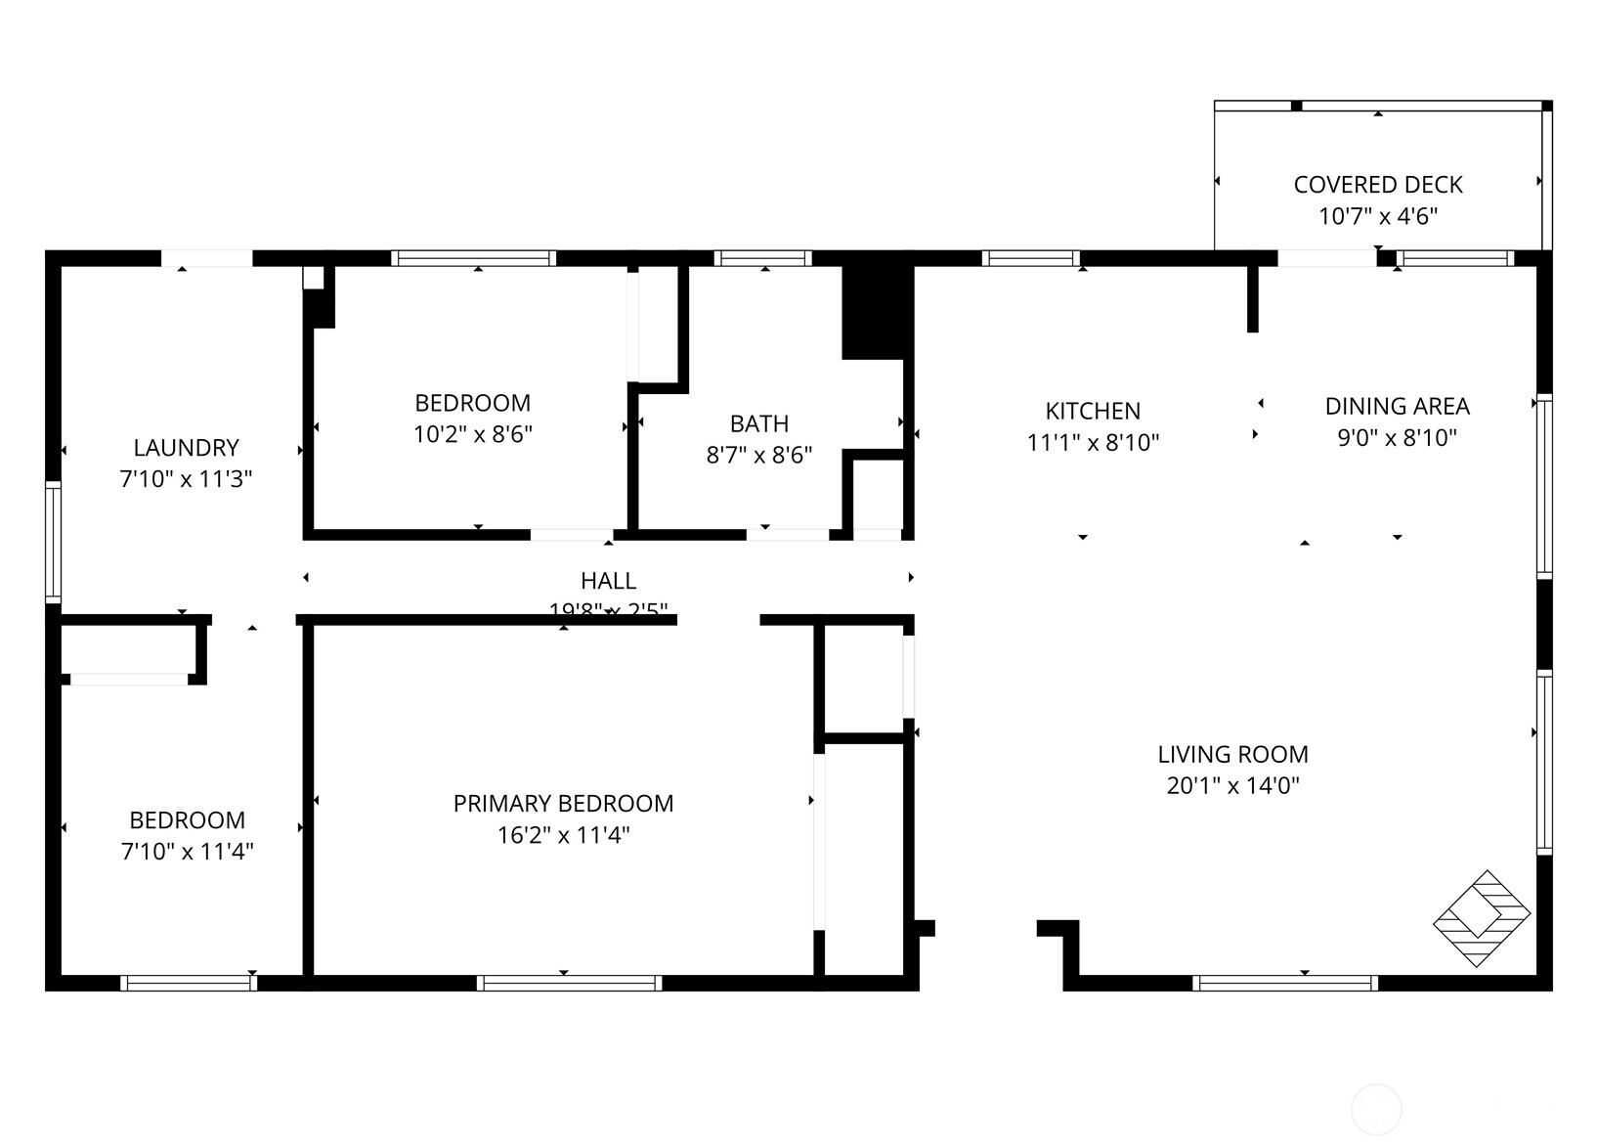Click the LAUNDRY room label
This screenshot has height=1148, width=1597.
[x=186, y=448]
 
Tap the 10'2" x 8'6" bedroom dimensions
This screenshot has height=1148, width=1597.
[x=473, y=434]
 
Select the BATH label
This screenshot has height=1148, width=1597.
[x=759, y=423]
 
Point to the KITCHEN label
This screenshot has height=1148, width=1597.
[x=1093, y=411]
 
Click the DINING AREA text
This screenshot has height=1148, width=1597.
[x=1397, y=406]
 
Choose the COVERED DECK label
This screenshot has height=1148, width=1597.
[x=1378, y=185]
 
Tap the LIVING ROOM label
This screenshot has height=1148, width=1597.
[x=1232, y=754]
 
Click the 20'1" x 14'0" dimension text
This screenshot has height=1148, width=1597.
[x=1232, y=785]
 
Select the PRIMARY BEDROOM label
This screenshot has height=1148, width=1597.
[x=563, y=804]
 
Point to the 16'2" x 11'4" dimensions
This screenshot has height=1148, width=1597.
[x=563, y=835]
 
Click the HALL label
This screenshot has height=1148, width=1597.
[x=608, y=581]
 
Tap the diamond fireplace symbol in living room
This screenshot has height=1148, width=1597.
[x=1481, y=918]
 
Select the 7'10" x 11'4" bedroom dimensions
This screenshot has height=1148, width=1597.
[x=187, y=852]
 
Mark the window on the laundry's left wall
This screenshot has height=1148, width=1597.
[x=53, y=541]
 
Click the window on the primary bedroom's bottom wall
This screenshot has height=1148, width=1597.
[x=569, y=983]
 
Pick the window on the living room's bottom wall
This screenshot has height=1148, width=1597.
[x=1285, y=983]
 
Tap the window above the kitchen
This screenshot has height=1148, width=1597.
[x=1030, y=258]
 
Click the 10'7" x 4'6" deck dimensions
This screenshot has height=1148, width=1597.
[x=1378, y=216]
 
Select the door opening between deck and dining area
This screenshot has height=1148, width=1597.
[x=1326, y=258]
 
